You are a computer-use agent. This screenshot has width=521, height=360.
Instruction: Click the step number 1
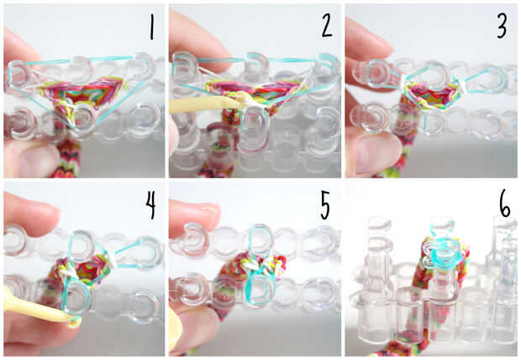click(151, 28)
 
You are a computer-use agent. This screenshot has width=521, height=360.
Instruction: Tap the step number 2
click(327, 27)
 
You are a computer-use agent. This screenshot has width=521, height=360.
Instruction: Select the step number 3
click(502, 27)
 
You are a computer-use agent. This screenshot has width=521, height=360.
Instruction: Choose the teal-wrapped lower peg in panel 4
click(76, 296)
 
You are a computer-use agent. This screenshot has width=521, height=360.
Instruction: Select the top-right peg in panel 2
click(326, 69)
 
